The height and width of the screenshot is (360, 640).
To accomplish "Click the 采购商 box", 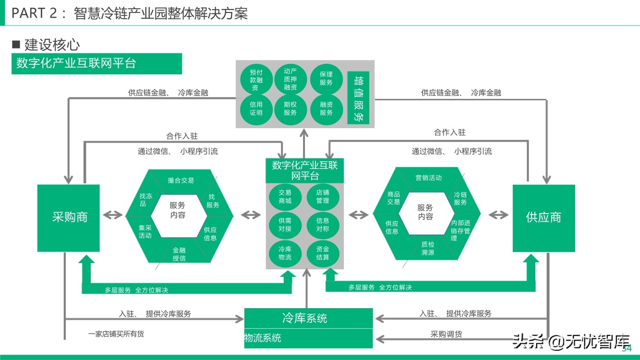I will coord(69,218).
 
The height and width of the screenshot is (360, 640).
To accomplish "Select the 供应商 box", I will coord(543,218).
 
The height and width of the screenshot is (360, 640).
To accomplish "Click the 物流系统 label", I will coord(263,338).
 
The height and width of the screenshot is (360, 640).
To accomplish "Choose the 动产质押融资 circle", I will coord(290,79).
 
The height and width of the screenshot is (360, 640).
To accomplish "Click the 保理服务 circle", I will coord(326,78).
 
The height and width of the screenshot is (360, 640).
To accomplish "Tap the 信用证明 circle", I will coord(256,108).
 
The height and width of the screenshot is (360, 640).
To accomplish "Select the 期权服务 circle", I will coord(290,108).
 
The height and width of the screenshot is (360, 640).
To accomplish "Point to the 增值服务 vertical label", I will coord(358,97).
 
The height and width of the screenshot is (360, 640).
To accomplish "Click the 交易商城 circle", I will coord(285,197).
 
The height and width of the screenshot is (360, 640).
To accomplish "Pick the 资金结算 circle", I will coord(323,253).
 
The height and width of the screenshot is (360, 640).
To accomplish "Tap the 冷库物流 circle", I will coord(285,253).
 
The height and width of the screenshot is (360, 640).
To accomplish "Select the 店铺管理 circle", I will coord(323,197).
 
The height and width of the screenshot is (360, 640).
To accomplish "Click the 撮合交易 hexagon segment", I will coord(181,180).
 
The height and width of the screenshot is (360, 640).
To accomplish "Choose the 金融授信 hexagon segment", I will coord(179,254).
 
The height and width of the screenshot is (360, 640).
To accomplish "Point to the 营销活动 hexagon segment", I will coord(428,178).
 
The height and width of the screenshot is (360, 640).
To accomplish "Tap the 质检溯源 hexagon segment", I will coord(427,249).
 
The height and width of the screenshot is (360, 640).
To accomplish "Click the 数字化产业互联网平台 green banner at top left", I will coord(97,63).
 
